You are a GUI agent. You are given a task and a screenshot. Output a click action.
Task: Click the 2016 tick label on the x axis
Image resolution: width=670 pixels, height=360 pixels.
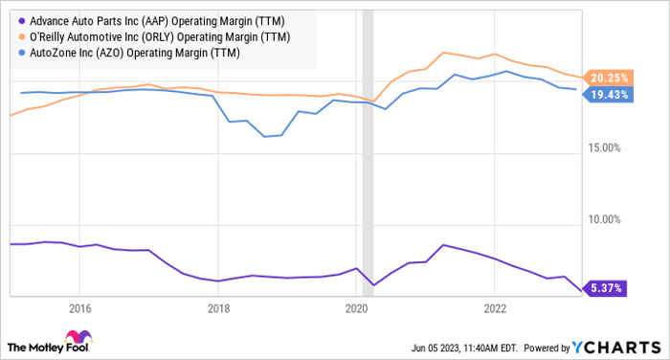79,308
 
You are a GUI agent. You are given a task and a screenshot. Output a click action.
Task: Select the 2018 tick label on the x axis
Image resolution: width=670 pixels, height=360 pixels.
218,308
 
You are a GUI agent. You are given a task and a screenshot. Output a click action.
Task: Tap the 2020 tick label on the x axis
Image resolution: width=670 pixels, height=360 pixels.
356,308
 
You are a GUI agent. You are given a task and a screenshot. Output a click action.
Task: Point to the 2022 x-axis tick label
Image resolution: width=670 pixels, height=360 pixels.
494,308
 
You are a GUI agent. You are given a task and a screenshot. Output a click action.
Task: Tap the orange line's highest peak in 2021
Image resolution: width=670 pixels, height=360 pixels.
443,52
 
